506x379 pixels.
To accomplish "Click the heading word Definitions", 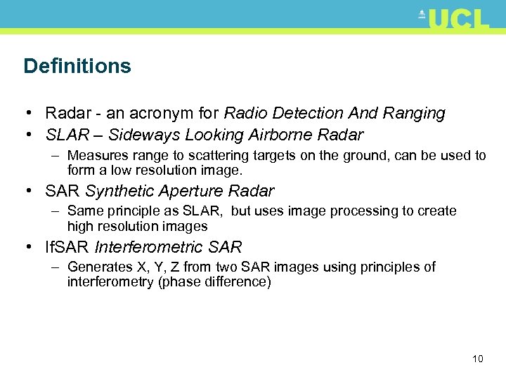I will point(77,66).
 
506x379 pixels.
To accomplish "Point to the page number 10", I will point(477,359).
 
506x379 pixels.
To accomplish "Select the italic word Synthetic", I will point(121,191).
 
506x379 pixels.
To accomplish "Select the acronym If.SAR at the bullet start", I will point(67,247).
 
